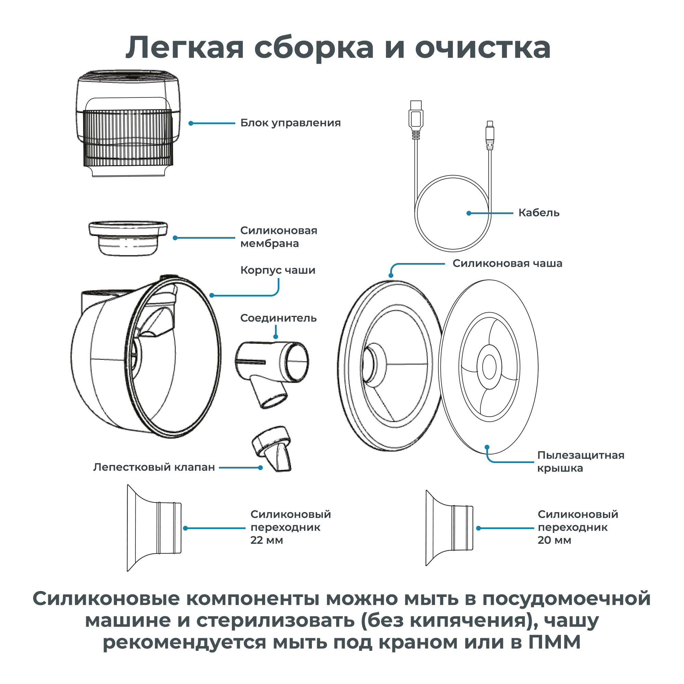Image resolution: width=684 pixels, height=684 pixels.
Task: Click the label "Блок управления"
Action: pyautogui.click(x=290, y=123)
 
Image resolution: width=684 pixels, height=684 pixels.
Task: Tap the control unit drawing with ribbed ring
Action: pyautogui.click(x=128, y=123)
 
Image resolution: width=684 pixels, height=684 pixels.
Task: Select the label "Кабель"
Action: pyautogui.click(x=539, y=213)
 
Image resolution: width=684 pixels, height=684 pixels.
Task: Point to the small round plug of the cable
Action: pyautogui.click(x=490, y=135)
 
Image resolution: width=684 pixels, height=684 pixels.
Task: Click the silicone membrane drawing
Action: pyautogui.click(x=128, y=238)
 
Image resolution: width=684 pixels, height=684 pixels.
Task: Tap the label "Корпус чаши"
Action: pyautogui.click(x=278, y=270)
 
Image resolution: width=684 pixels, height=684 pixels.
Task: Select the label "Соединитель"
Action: pyautogui.click(x=278, y=318)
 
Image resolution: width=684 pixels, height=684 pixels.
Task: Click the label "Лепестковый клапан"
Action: pyautogui.click(x=154, y=467)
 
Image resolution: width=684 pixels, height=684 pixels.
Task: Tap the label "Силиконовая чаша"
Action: pyautogui.click(x=507, y=263)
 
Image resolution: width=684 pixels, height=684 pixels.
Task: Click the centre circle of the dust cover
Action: pyautogui.click(x=489, y=367)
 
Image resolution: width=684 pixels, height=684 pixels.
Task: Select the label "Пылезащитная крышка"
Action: pyautogui.click(x=581, y=462)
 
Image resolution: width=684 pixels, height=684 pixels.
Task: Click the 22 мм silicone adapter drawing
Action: pyautogui.click(x=154, y=528)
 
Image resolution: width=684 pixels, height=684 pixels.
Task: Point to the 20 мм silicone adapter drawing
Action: pyautogui.click(x=450, y=528)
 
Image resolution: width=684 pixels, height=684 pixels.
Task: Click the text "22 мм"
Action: pyautogui.click(x=267, y=540)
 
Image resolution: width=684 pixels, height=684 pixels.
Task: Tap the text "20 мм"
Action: pyautogui.click(x=554, y=540)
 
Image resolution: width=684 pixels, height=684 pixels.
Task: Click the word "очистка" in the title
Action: pyautogui.click(x=483, y=48)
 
